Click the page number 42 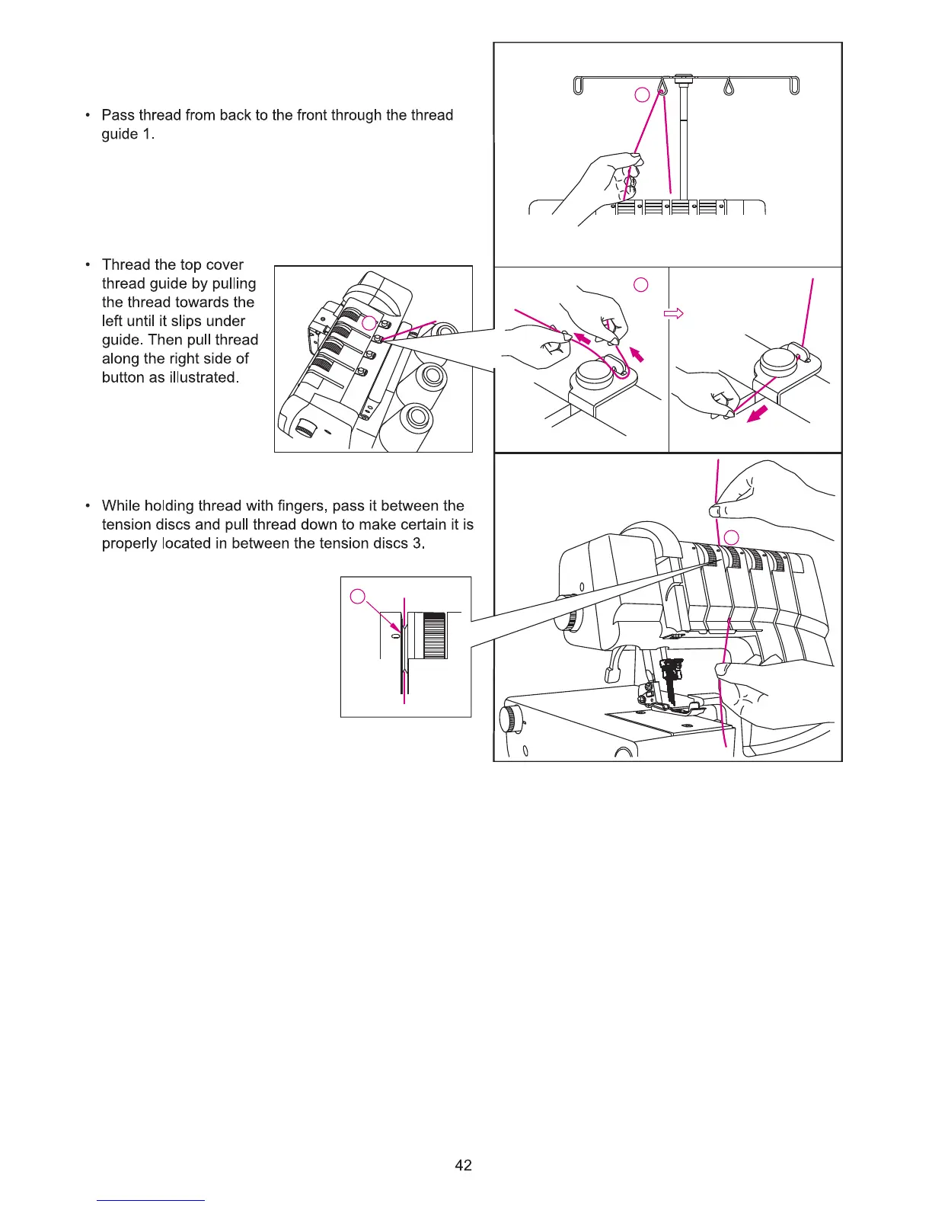point(463,1165)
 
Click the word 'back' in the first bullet point(235,115)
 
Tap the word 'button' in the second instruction point(123,377)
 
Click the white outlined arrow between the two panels point(675,313)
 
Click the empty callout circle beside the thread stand point(642,94)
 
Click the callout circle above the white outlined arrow point(640,284)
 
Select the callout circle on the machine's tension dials point(731,537)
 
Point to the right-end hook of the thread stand point(794,86)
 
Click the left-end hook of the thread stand point(577,86)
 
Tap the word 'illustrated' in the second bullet point(203,377)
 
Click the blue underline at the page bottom point(152,1200)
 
